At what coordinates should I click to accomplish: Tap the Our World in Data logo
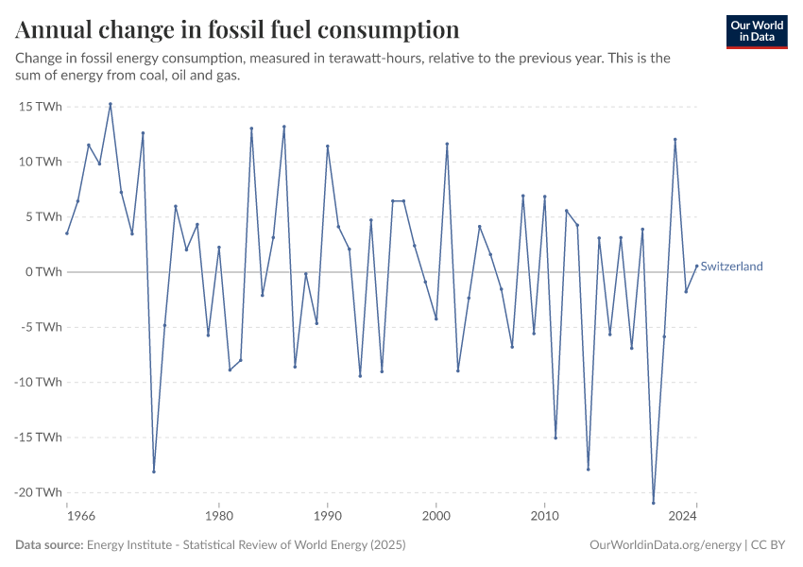tap(757, 31)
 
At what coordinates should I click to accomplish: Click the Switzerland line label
tap(731, 266)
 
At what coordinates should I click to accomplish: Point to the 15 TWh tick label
tap(41, 107)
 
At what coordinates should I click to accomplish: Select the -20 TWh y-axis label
tap(39, 492)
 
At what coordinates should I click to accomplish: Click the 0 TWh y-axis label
tap(43, 272)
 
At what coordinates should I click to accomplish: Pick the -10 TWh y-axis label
tap(39, 382)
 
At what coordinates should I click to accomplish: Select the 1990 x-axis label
tap(327, 517)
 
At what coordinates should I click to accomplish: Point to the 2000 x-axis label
tap(436, 517)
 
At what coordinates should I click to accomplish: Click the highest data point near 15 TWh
tap(111, 104)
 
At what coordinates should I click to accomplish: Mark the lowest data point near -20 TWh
tap(653, 502)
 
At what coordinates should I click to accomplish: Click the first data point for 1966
tap(67, 233)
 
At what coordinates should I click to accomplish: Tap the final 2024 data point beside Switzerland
tap(696, 266)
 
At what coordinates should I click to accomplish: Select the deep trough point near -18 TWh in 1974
tap(154, 472)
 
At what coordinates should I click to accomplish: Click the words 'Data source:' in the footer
tap(49, 545)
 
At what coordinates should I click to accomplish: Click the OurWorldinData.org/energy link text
tap(664, 545)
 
